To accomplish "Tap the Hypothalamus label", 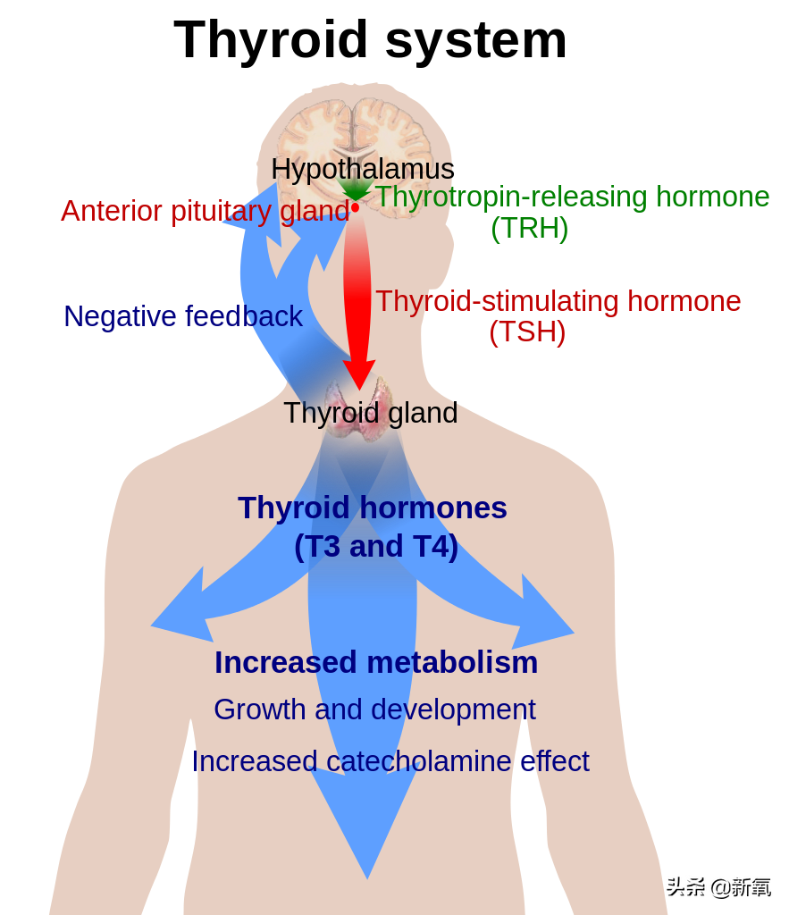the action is click(x=363, y=170).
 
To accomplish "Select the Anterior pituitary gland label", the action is click(x=206, y=211).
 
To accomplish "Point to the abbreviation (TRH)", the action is click(x=529, y=228).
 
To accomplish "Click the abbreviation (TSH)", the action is click(x=527, y=332).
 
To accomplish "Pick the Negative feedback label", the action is click(x=183, y=316).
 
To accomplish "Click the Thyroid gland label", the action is click(x=371, y=413).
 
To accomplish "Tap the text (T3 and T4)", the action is click(x=376, y=547).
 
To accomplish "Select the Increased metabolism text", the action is click(x=376, y=663).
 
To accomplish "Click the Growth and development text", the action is click(x=374, y=710).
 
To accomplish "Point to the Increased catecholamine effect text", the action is click(x=390, y=761).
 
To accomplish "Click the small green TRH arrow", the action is click(x=355, y=189).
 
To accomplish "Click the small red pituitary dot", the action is click(x=355, y=207).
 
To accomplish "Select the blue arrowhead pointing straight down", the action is click(x=367, y=823).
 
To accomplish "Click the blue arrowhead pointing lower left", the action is click(x=181, y=609).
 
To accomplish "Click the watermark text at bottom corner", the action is click(x=719, y=887).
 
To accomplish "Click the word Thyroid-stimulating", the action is click(x=497, y=302).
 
